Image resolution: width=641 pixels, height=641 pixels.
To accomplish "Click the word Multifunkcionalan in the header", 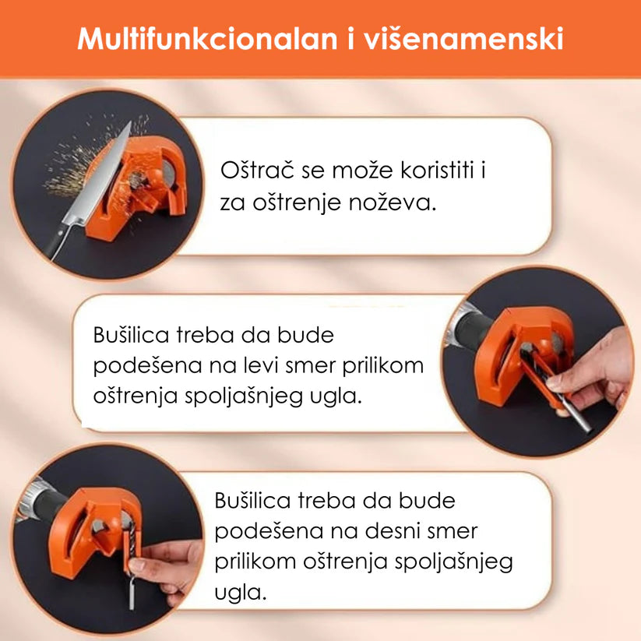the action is click(x=207, y=39).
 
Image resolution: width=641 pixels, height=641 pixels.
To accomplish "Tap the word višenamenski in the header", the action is click(x=464, y=39).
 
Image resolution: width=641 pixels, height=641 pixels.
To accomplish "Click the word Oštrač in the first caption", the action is click(x=257, y=170).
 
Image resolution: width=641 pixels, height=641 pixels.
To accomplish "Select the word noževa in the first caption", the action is click(x=393, y=203).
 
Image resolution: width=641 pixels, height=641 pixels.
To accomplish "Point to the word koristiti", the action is click(x=438, y=170).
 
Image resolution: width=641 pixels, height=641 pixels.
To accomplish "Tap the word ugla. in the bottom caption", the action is click(x=241, y=592).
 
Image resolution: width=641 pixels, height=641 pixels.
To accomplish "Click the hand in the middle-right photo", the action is click(x=592, y=372).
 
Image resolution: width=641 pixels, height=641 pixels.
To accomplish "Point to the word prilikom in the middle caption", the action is click(x=382, y=366).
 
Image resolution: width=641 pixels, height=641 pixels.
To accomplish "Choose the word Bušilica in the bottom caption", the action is click(x=252, y=500).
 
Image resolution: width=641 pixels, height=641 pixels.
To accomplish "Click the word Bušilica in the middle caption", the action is click(x=131, y=335).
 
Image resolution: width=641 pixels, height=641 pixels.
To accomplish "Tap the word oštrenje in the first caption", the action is click(x=297, y=203).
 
